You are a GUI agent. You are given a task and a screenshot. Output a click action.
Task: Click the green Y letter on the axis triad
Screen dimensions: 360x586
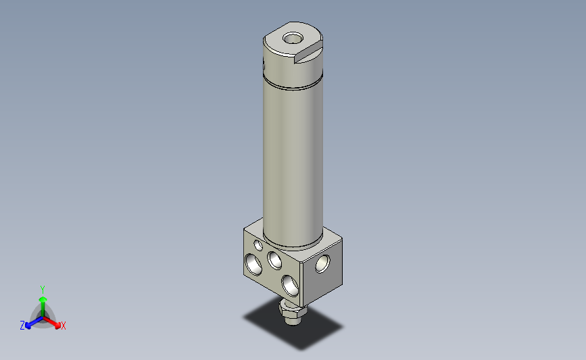42,289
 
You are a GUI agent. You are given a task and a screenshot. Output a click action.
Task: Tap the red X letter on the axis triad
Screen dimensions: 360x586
63,326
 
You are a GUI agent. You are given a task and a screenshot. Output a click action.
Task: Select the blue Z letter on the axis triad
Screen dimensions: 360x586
22,326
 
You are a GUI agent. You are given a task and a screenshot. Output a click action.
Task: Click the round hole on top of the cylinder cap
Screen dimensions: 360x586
294,37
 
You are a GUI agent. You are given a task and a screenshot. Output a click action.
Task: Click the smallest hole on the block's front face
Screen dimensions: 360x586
258,245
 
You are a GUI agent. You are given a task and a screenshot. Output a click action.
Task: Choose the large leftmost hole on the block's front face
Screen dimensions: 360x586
254,263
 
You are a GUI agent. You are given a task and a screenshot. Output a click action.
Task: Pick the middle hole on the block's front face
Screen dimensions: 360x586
274,259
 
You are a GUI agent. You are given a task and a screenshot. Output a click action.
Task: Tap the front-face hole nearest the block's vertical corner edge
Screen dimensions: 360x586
290,283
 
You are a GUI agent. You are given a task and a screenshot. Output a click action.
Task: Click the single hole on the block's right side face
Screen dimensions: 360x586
322,264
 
